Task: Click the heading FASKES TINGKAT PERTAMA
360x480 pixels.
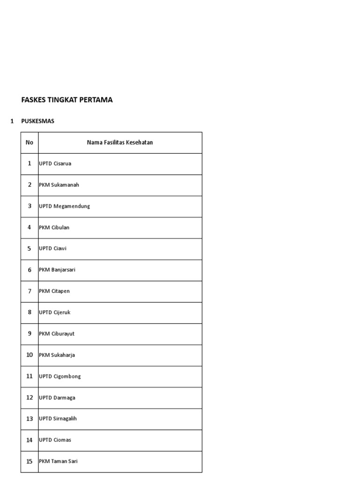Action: coord(67,100)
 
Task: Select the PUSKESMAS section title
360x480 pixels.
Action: coord(38,121)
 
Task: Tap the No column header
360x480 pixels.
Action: coord(30,142)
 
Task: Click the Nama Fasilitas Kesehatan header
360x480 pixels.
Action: coord(120,142)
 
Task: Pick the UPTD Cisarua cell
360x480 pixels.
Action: coord(55,164)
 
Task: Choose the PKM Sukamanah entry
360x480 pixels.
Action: coord(59,185)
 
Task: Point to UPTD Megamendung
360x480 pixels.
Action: coord(65,206)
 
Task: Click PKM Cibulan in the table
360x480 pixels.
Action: coord(54,227)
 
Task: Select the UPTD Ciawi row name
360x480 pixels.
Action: coord(53,248)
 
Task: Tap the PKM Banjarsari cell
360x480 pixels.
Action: coord(57,270)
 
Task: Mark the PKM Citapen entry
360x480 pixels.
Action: coord(54,291)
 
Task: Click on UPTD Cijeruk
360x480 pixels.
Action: coord(55,312)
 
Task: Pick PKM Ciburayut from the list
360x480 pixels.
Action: coord(57,334)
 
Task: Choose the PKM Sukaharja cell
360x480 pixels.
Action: coord(57,355)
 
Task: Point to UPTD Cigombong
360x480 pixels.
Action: coord(60,376)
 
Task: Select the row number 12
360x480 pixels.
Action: coord(30,397)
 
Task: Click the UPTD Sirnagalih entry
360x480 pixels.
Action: coord(58,419)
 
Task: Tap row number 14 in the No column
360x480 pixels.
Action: coord(30,440)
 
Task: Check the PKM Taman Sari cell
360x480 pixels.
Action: coord(59,461)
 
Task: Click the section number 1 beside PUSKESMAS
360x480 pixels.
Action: coord(12,121)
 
